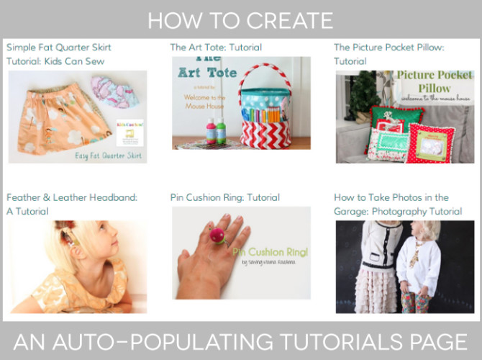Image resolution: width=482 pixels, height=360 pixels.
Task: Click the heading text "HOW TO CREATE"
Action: click(240, 19)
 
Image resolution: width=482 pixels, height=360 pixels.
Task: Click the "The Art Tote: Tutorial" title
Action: click(216, 48)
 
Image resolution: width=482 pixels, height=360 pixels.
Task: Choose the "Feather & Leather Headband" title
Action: click(72, 197)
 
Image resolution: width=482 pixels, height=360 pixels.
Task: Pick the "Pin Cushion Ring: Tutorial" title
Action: click(225, 197)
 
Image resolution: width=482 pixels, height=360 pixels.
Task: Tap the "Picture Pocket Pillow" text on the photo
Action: click(435, 80)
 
